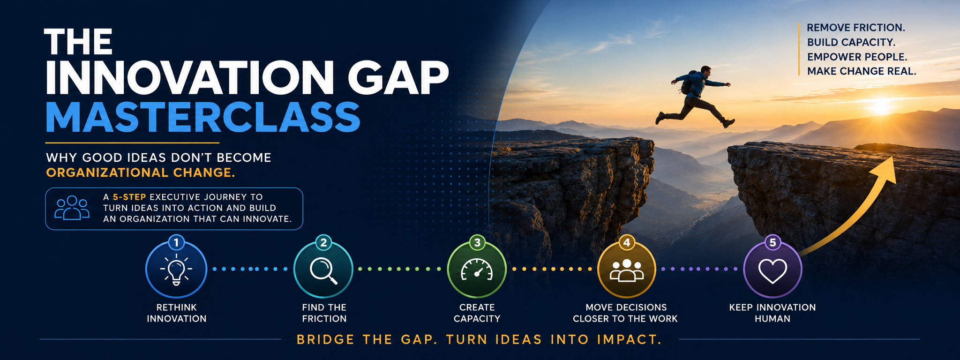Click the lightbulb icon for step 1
[176, 270]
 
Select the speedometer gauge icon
[477, 270]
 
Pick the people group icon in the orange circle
[626, 270]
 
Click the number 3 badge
[477, 243]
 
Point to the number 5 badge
[772, 243]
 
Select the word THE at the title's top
[78, 42]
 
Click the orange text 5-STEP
[129, 197]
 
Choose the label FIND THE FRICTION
[324, 313]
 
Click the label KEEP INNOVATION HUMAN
[772, 313]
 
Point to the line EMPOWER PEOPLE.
[857, 57]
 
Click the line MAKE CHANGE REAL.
[862, 71]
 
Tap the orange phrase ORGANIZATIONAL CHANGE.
[140, 172]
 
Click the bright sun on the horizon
[881, 106]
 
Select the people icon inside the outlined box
[72, 208]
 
